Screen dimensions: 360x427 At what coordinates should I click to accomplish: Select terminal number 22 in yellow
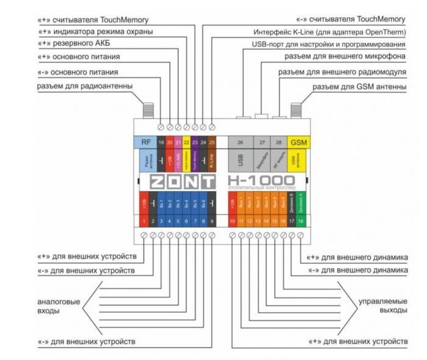(186, 142)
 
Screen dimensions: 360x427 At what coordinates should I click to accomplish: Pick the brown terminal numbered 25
(212, 142)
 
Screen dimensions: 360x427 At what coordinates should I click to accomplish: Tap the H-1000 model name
(260, 179)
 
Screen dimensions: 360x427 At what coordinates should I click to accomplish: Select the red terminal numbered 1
(144, 220)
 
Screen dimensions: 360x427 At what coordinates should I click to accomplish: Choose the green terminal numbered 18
(300, 220)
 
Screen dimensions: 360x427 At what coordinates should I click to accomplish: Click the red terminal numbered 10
(232, 220)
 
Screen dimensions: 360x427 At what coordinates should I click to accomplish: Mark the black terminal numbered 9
(212, 220)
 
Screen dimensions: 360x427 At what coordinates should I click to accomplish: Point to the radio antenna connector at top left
(147, 110)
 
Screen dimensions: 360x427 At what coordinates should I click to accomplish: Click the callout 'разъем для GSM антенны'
(359, 87)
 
